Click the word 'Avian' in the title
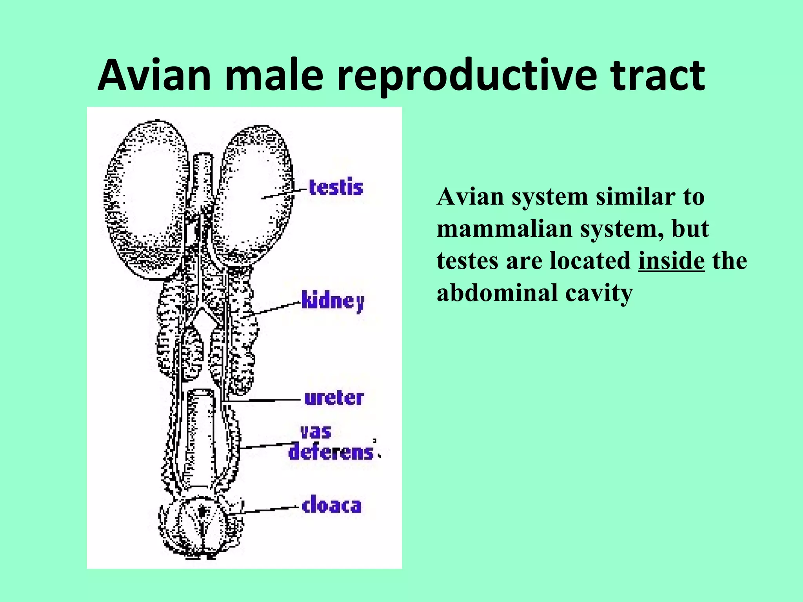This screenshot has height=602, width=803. [155, 75]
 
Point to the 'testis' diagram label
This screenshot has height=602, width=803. [336, 187]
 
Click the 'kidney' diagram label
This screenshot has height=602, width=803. [333, 301]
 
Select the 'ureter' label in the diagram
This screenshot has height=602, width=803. [334, 398]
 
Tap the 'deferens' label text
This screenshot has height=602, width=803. [331, 452]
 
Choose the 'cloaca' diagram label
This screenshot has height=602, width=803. [332, 506]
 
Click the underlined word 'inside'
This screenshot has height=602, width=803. [671, 261]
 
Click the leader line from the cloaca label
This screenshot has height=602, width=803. [267, 510]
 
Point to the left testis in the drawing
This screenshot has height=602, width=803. [145, 200]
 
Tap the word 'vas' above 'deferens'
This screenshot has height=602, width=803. [316, 432]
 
